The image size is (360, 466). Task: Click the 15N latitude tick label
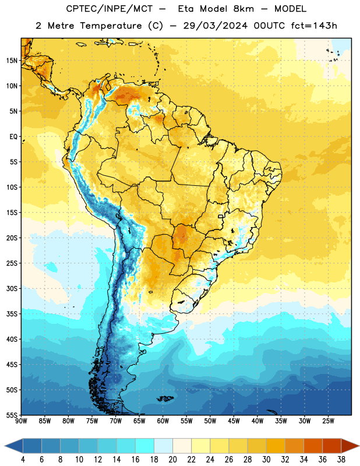(x=12, y=61)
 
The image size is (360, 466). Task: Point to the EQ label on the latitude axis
(x=13, y=137)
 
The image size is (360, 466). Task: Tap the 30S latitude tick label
(x=12, y=288)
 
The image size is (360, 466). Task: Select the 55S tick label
(x=12, y=415)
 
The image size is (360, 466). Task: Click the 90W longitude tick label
(x=22, y=421)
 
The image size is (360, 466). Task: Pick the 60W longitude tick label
(x=163, y=421)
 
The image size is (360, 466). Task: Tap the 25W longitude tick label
(x=328, y=421)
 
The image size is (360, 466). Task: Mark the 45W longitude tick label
(x=234, y=421)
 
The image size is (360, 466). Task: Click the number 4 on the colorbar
(x=23, y=460)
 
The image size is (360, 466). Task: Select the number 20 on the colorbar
(x=172, y=460)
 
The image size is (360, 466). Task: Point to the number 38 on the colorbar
(x=341, y=460)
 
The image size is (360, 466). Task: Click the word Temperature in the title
(x=111, y=26)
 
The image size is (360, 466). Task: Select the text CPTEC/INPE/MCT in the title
(x=109, y=9)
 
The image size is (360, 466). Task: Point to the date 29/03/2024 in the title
(x=215, y=26)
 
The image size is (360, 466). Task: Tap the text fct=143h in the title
(x=314, y=26)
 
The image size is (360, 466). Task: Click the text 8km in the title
(x=243, y=9)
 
